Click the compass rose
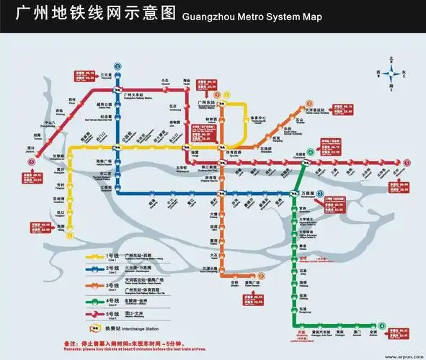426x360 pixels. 393,72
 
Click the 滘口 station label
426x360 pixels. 32,148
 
